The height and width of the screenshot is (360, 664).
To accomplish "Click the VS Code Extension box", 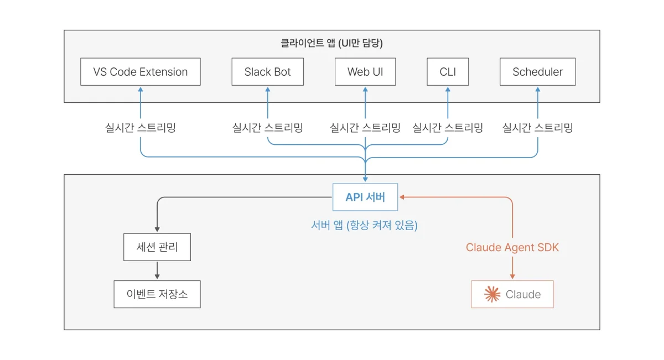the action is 140,72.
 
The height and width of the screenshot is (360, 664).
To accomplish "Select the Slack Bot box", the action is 267,72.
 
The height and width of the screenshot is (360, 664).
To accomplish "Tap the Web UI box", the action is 365,72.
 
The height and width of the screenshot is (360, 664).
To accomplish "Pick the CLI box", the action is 448,72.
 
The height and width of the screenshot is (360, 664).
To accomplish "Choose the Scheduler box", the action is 537,72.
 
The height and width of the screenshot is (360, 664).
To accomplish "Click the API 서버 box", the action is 365,197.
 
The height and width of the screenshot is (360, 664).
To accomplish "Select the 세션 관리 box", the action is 157,247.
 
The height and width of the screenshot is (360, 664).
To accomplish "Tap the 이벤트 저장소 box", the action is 157,294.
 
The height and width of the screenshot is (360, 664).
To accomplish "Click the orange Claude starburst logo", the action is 492,294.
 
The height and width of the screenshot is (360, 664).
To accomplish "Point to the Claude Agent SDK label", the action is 512,247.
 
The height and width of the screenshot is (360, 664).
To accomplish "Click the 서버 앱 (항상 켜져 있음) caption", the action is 364,225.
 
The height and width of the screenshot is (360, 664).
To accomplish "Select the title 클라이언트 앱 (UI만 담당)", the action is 331,43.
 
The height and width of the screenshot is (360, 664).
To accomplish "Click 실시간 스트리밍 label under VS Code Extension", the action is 141,128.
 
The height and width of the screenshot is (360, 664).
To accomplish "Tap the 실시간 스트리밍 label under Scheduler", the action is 537,128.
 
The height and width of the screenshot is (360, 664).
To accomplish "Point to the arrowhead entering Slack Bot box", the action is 268,89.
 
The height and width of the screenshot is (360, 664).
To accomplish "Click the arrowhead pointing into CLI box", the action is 448,89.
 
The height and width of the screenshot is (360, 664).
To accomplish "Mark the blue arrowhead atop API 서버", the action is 365,179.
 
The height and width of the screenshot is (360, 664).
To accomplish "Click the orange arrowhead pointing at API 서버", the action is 402,197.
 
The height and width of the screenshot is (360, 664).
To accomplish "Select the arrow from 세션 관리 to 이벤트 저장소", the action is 157,270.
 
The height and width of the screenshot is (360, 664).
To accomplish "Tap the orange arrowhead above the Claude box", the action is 512,276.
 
